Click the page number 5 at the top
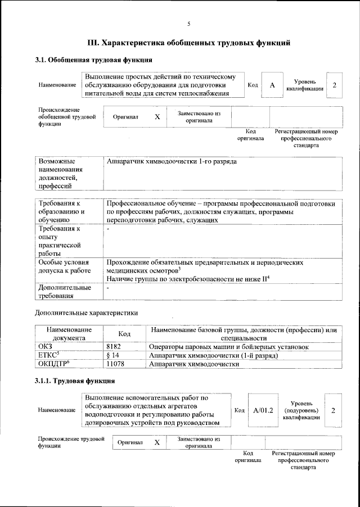tap(188, 24)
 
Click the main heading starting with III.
tap(189, 42)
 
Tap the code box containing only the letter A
tap(272, 85)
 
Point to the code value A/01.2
tap(263, 410)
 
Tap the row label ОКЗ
tap(45, 347)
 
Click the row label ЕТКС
tap(47, 356)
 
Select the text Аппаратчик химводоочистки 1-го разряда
tap(172, 162)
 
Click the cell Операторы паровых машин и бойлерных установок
tap(228, 347)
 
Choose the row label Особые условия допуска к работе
tap(64, 266)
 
